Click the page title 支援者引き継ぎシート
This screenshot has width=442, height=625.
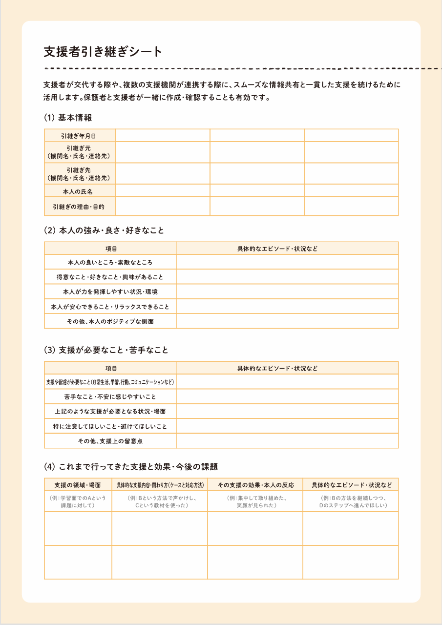coord(103,52)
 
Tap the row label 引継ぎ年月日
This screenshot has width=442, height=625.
coord(80,135)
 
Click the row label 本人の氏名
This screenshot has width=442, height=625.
coord(80,190)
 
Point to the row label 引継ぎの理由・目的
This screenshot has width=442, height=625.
coord(80,207)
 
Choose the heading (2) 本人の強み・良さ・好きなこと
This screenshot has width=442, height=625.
coord(104,230)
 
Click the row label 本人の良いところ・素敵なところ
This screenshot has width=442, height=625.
coord(110,262)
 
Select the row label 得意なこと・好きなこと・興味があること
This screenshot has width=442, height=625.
coord(110,277)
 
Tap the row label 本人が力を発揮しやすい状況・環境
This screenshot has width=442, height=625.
coord(110,292)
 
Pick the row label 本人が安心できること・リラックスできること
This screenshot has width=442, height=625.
coord(110,307)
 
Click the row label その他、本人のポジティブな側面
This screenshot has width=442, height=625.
coord(110,321)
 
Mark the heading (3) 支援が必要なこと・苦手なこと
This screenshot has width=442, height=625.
coord(106,350)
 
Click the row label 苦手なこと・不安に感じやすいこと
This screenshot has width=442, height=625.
coord(110,396)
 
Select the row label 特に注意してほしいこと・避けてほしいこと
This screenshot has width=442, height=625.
coord(110,426)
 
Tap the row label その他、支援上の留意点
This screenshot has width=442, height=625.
coord(110,441)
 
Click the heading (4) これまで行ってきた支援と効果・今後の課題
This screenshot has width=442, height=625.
coord(131,466)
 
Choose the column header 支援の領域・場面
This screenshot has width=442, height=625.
coord(78,485)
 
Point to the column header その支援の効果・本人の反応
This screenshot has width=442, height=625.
coord(255,485)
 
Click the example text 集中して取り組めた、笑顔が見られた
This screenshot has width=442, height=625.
coord(255,501)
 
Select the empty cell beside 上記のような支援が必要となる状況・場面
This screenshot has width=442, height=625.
coord(287,411)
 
